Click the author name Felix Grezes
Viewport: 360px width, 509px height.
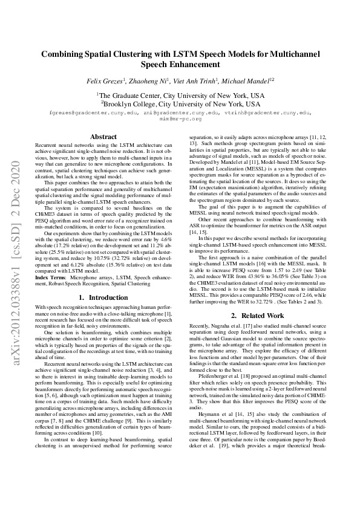pyautogui.click(x=105, y=80)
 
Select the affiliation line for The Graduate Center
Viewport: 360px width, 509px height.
pyautogui.click(x=180, y=96)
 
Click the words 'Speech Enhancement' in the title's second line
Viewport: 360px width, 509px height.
pyautogui.click(x=180, y=63)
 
